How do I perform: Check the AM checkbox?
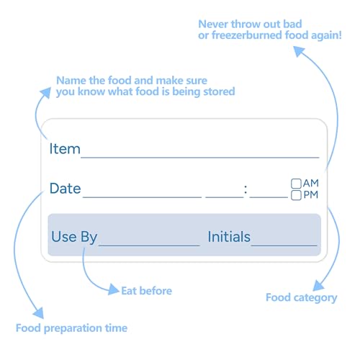(x=296, y=184)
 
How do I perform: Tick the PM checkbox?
(x=296, y=195)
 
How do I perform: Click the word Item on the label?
(x=65, y=149)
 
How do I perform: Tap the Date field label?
(x=66, y=189)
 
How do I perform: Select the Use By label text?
(x=74, y=237)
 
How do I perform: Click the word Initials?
(x=229, y=237)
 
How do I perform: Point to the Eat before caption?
(x=147, y=291)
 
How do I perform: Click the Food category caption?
(x=302, y=298)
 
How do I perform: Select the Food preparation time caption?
(x=71, y=328)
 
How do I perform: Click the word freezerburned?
(x=247, y=35)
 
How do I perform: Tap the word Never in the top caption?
(x=213, y=24)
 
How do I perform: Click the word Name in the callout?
(x=71, y=81)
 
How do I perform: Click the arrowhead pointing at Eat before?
(x=114, y=289)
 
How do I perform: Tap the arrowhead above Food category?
(x=318, y=286)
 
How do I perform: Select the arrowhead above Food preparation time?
(x=39, y=312)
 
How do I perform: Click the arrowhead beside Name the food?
(x=45, y=93)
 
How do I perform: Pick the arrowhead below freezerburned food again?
(x=299, y=51)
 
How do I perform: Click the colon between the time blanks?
(x=246, y=189)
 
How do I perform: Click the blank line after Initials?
(x=284, y=246)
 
